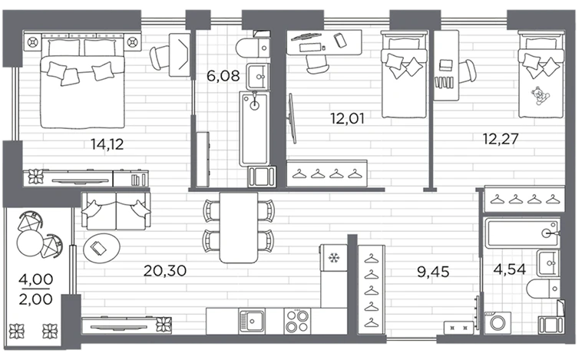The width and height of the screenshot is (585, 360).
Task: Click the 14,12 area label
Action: tap(107, 144)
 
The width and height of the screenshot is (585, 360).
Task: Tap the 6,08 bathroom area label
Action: tap(223, 76)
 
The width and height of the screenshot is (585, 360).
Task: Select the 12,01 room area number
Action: tap(347, 119)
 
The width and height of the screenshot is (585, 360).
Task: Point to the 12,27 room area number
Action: tap(501, 139)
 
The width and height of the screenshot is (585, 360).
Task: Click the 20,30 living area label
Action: tap(165, 271)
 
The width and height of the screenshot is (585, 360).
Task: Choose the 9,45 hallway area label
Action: tap(433, 272)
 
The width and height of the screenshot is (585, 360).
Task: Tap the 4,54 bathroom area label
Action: tap(509, 269)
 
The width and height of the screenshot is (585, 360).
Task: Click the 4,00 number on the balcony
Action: tap(36, 279)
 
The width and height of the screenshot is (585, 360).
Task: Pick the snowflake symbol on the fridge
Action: tap(332, 258)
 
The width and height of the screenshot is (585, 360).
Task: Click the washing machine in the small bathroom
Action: tap(497, 322)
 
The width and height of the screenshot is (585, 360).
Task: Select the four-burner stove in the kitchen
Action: tap(297, 321)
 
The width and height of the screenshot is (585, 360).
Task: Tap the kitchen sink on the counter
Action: tap(252, 321)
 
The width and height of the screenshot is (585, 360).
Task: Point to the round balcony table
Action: tap(30, 243)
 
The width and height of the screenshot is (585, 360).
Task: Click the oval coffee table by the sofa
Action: tap(101, 248)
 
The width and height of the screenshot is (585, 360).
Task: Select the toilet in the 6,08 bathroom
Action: tap(253, 48)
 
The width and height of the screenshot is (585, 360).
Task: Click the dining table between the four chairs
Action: tap(239, 227)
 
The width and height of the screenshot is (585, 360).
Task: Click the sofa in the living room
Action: tap(116, 211)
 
